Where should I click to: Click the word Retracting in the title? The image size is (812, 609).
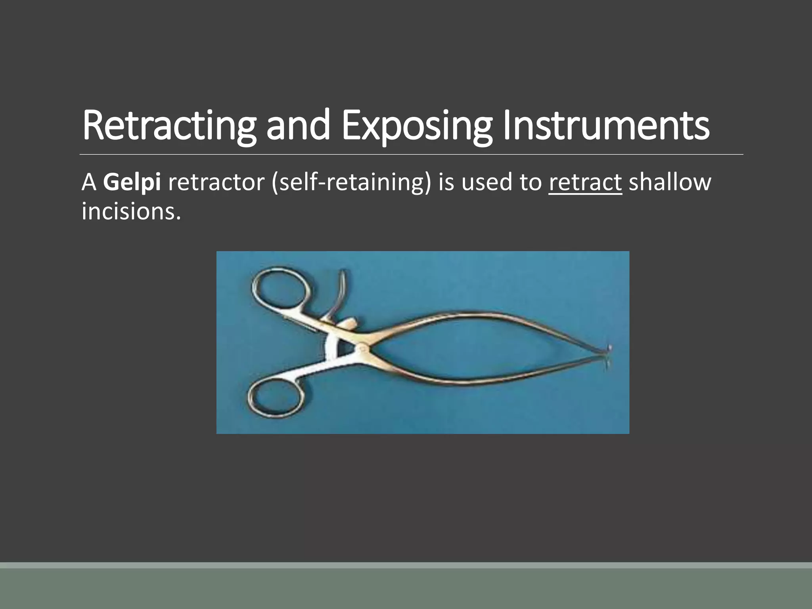(169, 126)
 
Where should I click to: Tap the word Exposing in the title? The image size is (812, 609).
(416, 126)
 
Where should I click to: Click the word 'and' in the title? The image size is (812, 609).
(298, 125)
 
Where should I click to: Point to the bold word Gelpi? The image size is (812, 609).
(132, 183)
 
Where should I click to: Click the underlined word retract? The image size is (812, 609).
(585, 183)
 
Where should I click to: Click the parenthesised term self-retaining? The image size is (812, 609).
(351, 183)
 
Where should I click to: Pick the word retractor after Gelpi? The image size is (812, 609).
(216, 183)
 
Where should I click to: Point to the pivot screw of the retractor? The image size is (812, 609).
(362, 348)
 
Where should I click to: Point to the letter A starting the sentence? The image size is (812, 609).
(89, 183)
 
